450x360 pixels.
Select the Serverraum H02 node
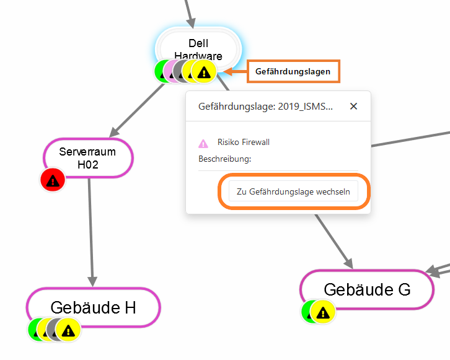89,158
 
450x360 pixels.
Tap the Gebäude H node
93,307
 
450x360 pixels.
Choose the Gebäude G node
366,289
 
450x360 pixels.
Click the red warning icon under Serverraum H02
53,181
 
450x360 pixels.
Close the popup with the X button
353,106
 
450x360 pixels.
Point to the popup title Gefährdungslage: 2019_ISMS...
265,107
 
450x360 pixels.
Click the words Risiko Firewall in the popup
244,143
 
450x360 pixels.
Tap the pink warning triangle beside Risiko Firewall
203,143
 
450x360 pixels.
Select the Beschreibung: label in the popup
224,159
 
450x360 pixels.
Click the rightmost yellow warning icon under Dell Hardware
204,72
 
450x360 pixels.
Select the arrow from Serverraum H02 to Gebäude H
90,229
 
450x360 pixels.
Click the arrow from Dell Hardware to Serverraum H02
136,111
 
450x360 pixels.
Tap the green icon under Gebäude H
37,329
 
